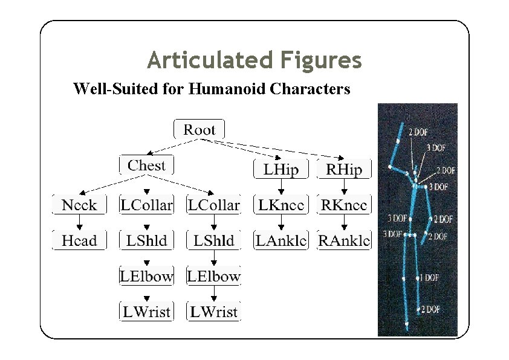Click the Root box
click(x=199, y=129)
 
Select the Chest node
click(x=146, y=165)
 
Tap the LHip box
click(x=280, y=170)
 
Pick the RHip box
click(x=344, y=170)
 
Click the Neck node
click(x=79, y=205)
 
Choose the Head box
click(x=79, y=240)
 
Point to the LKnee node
click(x=280, y=205)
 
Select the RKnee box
click(x=344, y=205)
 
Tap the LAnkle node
click(x=280, y=240)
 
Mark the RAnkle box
click(x=344, y=240)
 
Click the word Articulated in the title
click(x=210, y=60)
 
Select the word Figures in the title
click(x=321, y=60)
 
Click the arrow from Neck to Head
click(x=79, y=223)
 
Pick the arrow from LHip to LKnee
click(x=280, y=187)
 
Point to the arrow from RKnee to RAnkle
click(x=344, y=223)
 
